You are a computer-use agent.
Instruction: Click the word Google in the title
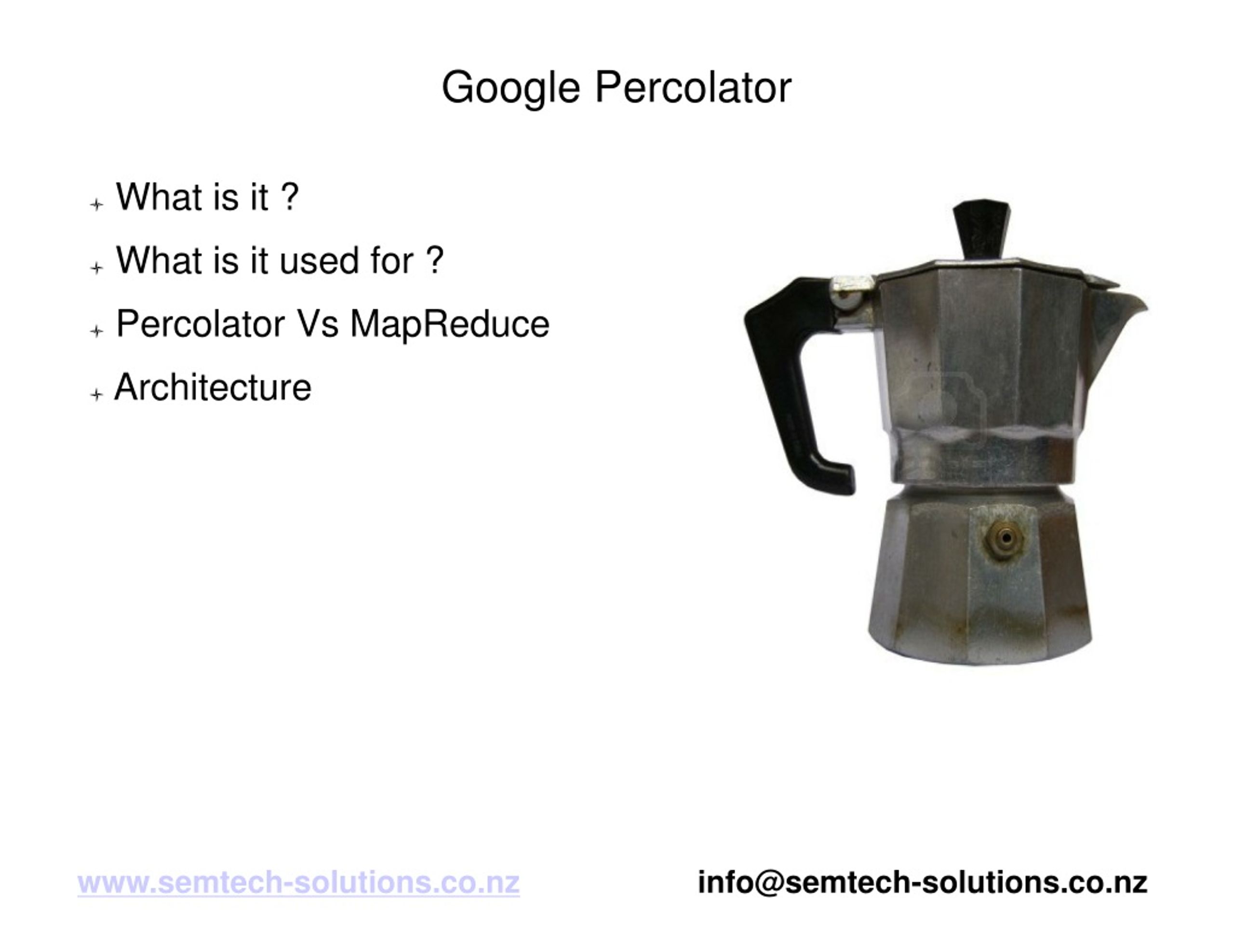pos(510,88)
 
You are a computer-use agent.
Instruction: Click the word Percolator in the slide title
pos(693,88)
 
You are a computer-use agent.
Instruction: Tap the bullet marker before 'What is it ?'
pos(96,205)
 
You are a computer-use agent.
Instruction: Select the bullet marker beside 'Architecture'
pos(96,395)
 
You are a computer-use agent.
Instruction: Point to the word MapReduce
pos(449,324)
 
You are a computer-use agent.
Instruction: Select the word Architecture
pos(213,388)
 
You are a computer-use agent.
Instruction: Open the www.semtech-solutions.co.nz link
pos(298,883)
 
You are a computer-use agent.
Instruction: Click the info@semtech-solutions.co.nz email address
pos(923,883)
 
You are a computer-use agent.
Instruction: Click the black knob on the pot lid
pos(980,229)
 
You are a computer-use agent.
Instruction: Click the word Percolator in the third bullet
pos(200,324)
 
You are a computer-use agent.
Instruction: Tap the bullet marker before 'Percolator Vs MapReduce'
pos(96,332)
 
